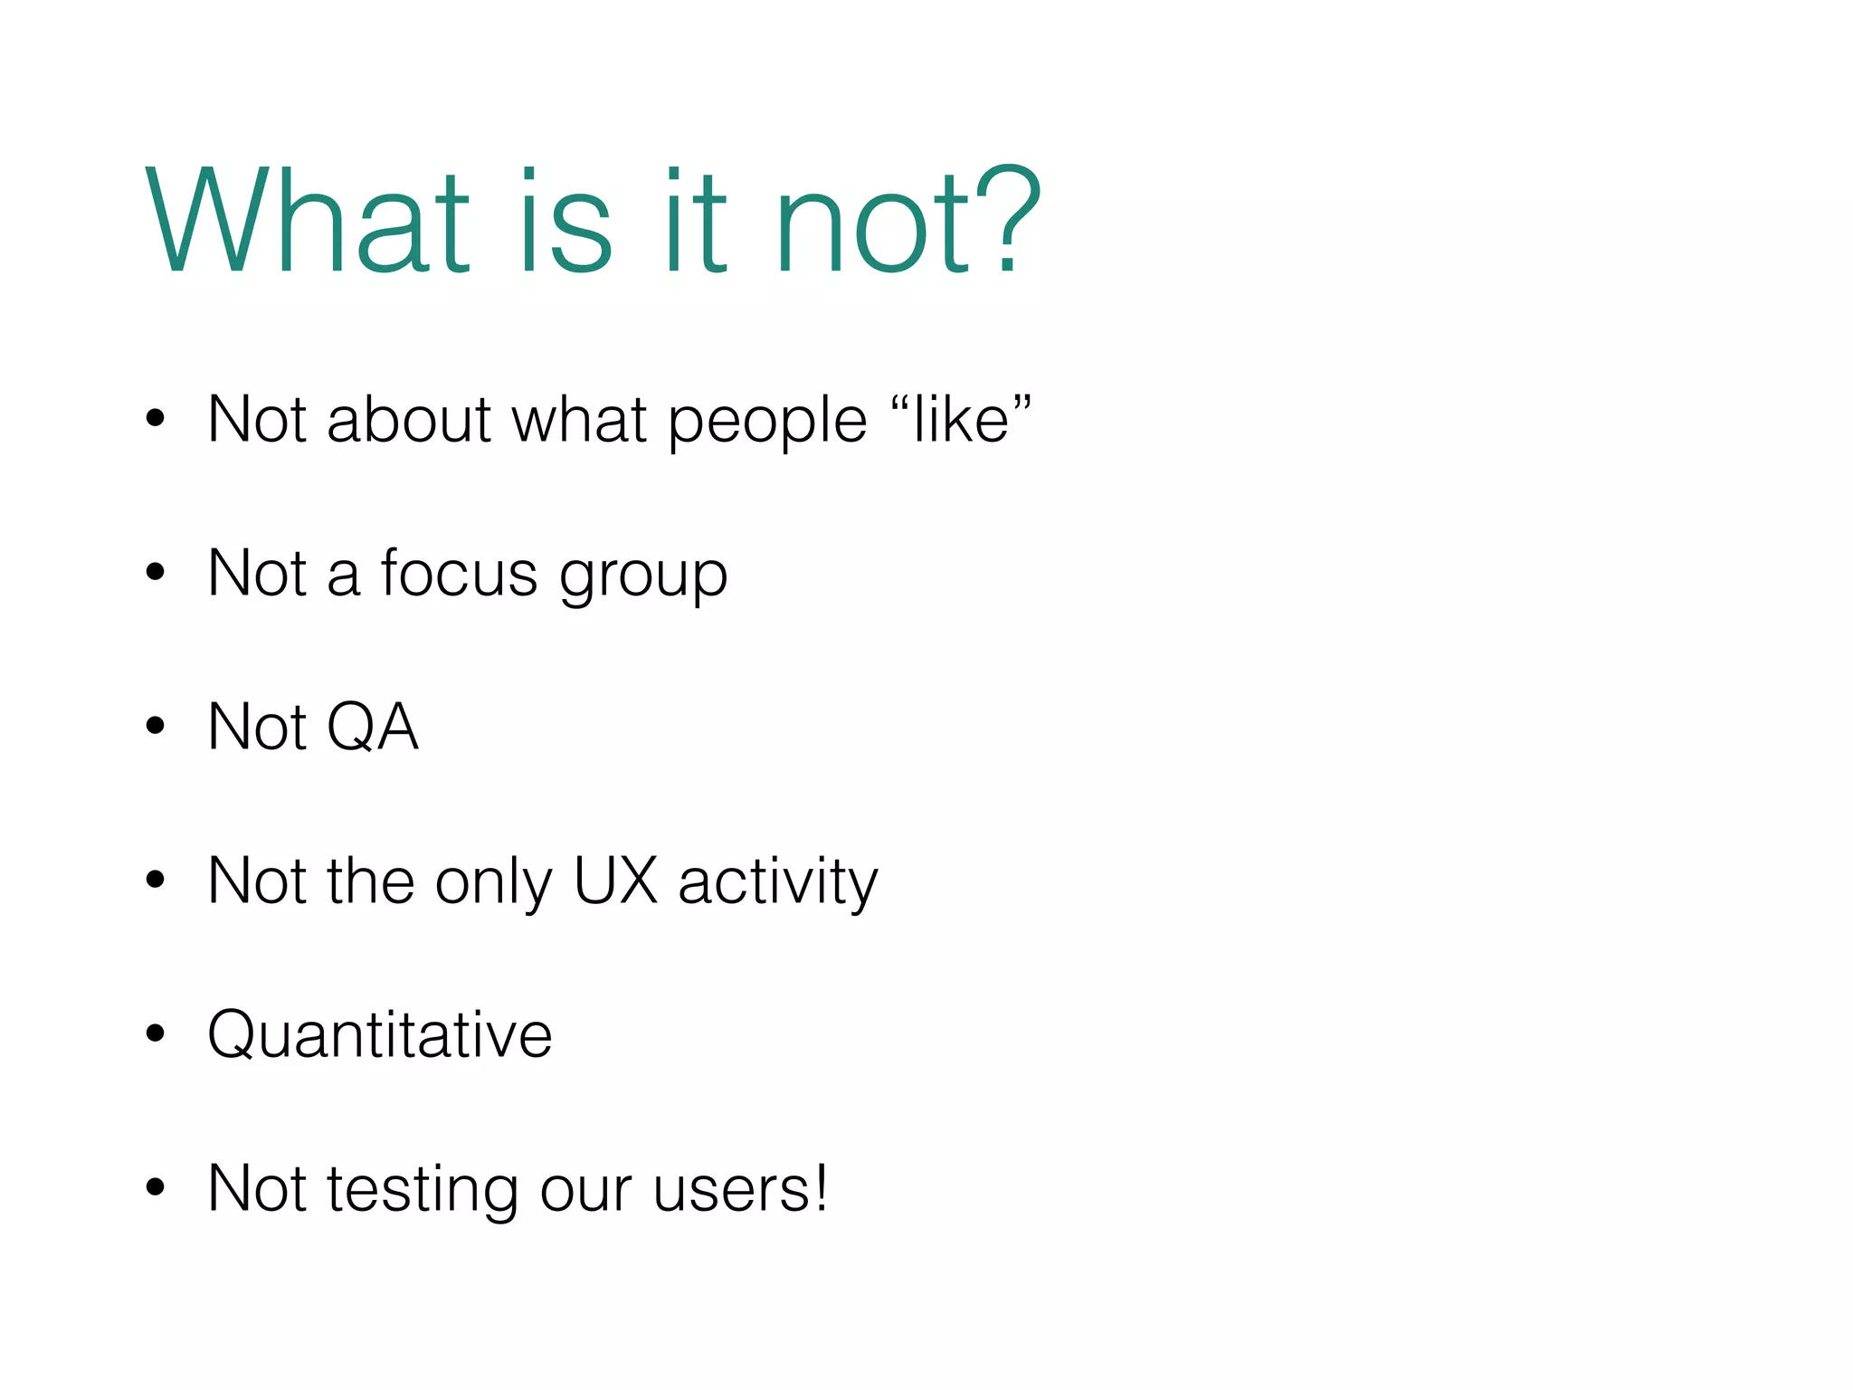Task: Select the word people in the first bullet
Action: (x=767, y=422)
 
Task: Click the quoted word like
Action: (x=961, y=420)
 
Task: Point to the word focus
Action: (x=459, y=574)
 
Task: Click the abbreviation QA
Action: (x=372, y=728)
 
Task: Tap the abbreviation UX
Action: (x=615, y=881)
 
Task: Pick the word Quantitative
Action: (x=379, y=1034)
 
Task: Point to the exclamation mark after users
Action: (x=820, y=1187)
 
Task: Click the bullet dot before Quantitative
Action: (x=156, y=1033)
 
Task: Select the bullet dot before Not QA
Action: (x=156, y=726)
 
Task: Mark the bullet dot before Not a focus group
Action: (x=156, y=572)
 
